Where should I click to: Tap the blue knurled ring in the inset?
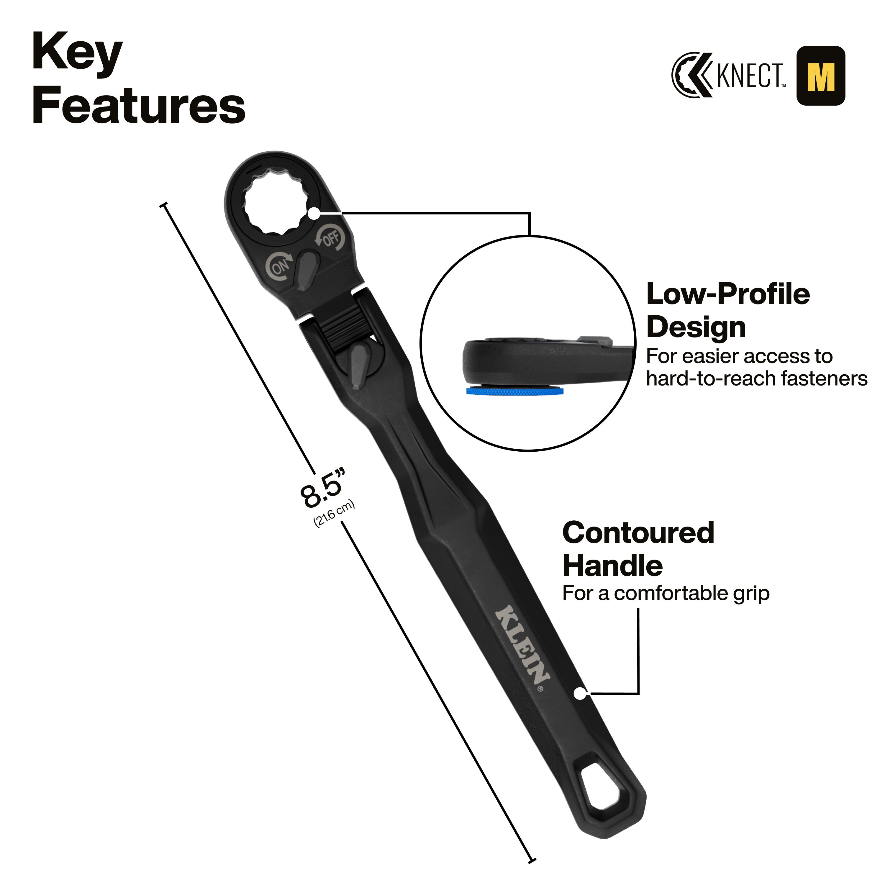[515, 391]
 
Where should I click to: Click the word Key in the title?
[77, 53]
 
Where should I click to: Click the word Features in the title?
[139, 105]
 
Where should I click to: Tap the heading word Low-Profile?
[728, 294]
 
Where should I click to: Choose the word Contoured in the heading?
[638, 533]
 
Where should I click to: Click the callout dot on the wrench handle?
[580, 694]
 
